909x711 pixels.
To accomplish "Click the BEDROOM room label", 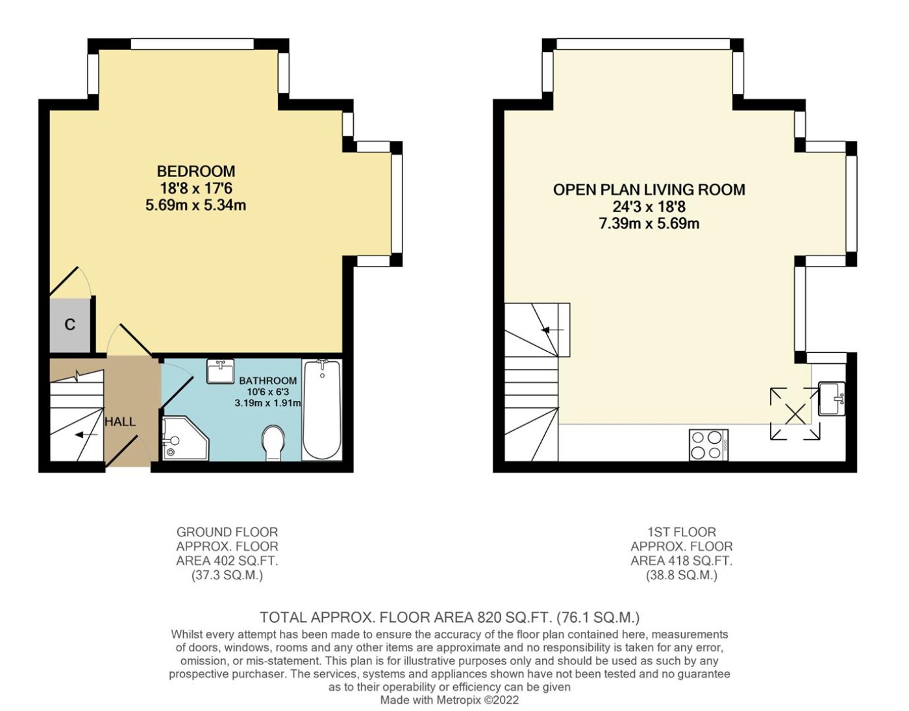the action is click(196, 171).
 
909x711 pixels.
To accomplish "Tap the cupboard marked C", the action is click(70, 326).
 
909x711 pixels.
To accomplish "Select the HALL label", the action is click(120, 422).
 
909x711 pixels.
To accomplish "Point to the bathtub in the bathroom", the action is click(321, 409).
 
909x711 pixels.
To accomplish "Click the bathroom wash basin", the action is click(221, 371).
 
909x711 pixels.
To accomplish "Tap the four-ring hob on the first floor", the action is click(708, 445).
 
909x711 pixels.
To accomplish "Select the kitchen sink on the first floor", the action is click(832, 398).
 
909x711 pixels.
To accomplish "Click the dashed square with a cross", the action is click(795, 414).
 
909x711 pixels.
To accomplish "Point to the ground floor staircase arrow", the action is click(86, 435).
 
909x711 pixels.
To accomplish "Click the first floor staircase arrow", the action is click(552, 330).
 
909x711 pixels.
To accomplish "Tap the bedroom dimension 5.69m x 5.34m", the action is click(196, 206).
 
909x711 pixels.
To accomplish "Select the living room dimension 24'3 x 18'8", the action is click(649, 207).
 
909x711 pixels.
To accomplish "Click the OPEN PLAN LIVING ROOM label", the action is click(649, 189).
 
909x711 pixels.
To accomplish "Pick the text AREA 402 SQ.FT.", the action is click(227, 560).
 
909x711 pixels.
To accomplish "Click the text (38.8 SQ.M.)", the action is click(682, 575).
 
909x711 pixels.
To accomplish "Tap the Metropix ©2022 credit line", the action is click(450, 700).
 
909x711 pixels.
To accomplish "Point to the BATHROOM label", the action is click(268, 381).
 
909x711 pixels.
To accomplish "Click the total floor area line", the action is click(450, 617).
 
